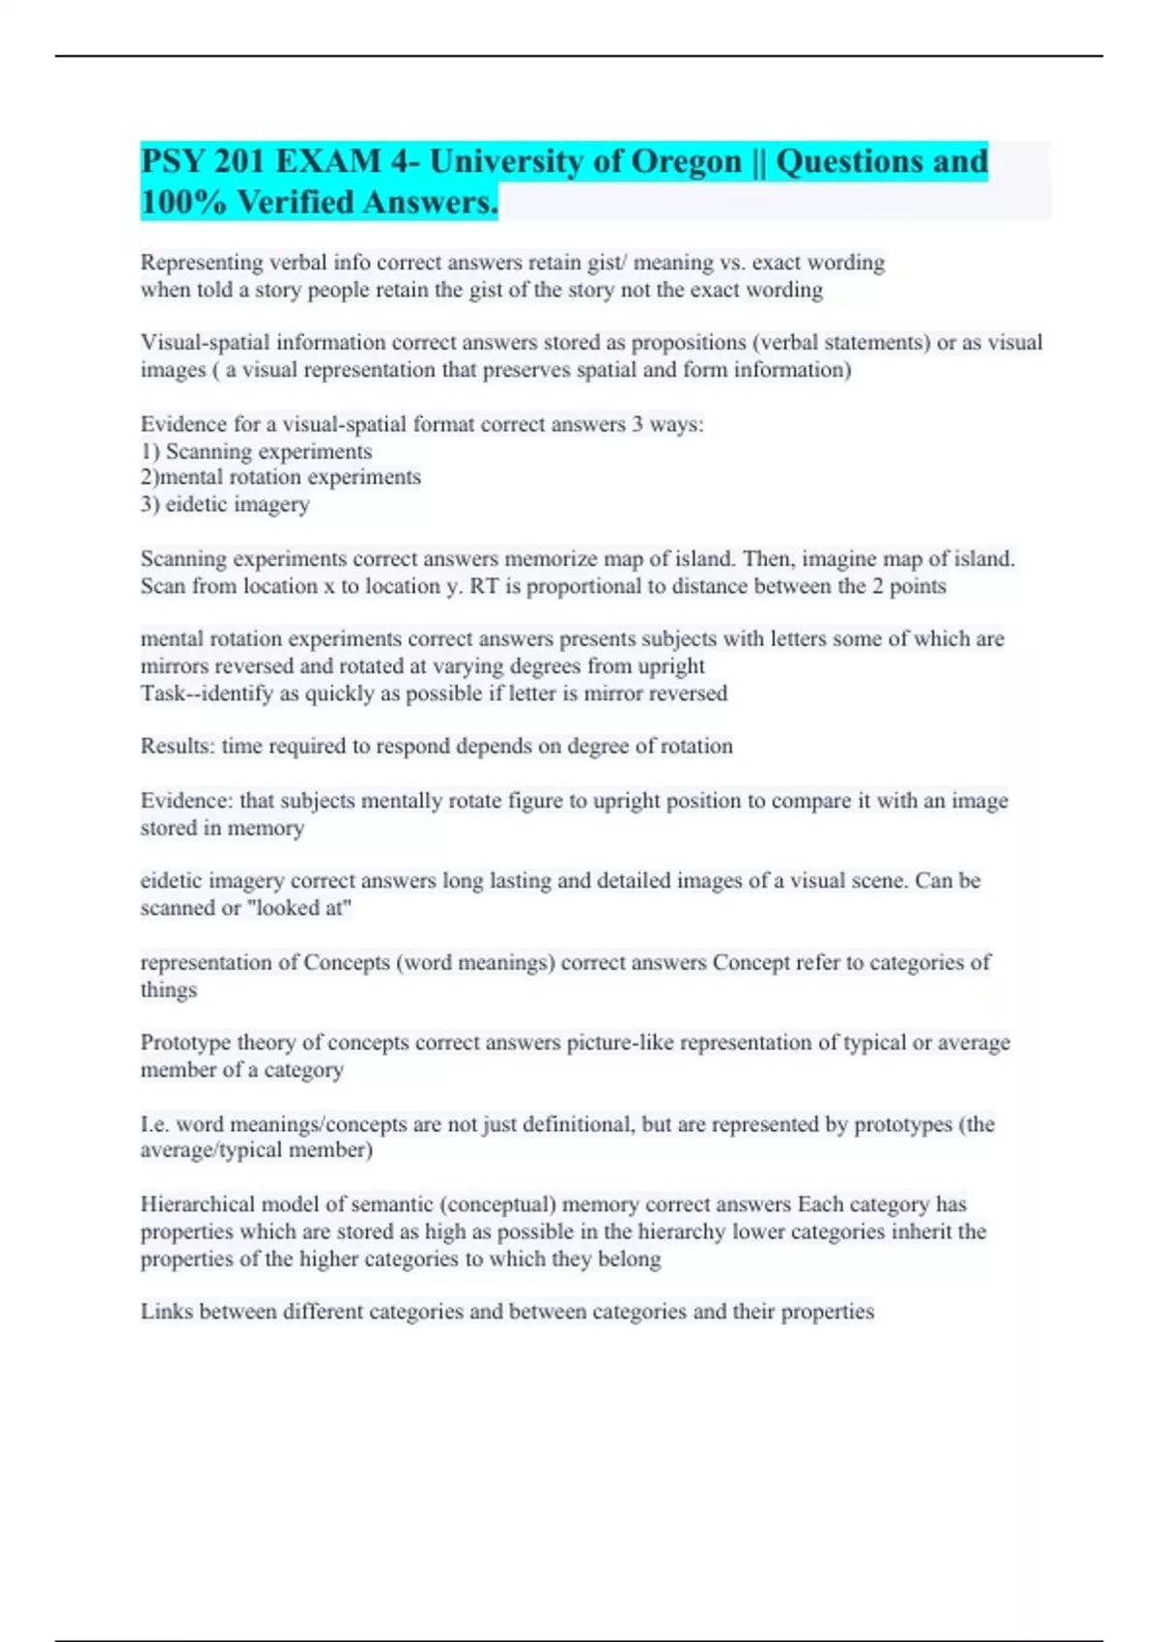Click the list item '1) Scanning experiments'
256,451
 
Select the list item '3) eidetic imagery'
225,504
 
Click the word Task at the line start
162,693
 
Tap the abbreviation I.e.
155,1124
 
